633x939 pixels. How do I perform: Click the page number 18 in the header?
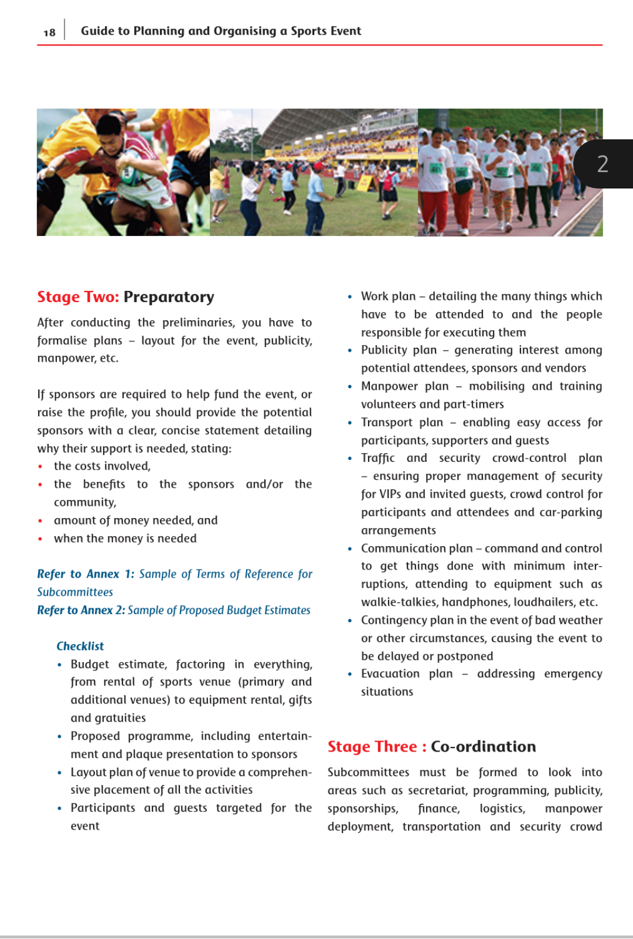(49, 33)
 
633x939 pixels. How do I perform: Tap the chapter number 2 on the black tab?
(603, 164)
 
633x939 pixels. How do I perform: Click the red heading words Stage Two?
(78, 297)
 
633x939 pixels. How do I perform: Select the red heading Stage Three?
(372, 746)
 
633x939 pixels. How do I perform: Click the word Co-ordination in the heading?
(483, 746)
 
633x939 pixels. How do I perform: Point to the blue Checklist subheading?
(80, 646)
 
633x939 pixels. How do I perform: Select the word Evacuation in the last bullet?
(390, 674)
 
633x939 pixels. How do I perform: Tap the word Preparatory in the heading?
(169, 297)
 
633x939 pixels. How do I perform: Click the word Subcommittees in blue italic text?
(75, 592)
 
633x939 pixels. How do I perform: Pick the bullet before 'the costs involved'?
(40, 467)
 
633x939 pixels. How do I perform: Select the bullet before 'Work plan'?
(350, 297)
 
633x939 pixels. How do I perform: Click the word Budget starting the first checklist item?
(90, 664)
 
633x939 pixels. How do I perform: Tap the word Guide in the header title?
(97, 31)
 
